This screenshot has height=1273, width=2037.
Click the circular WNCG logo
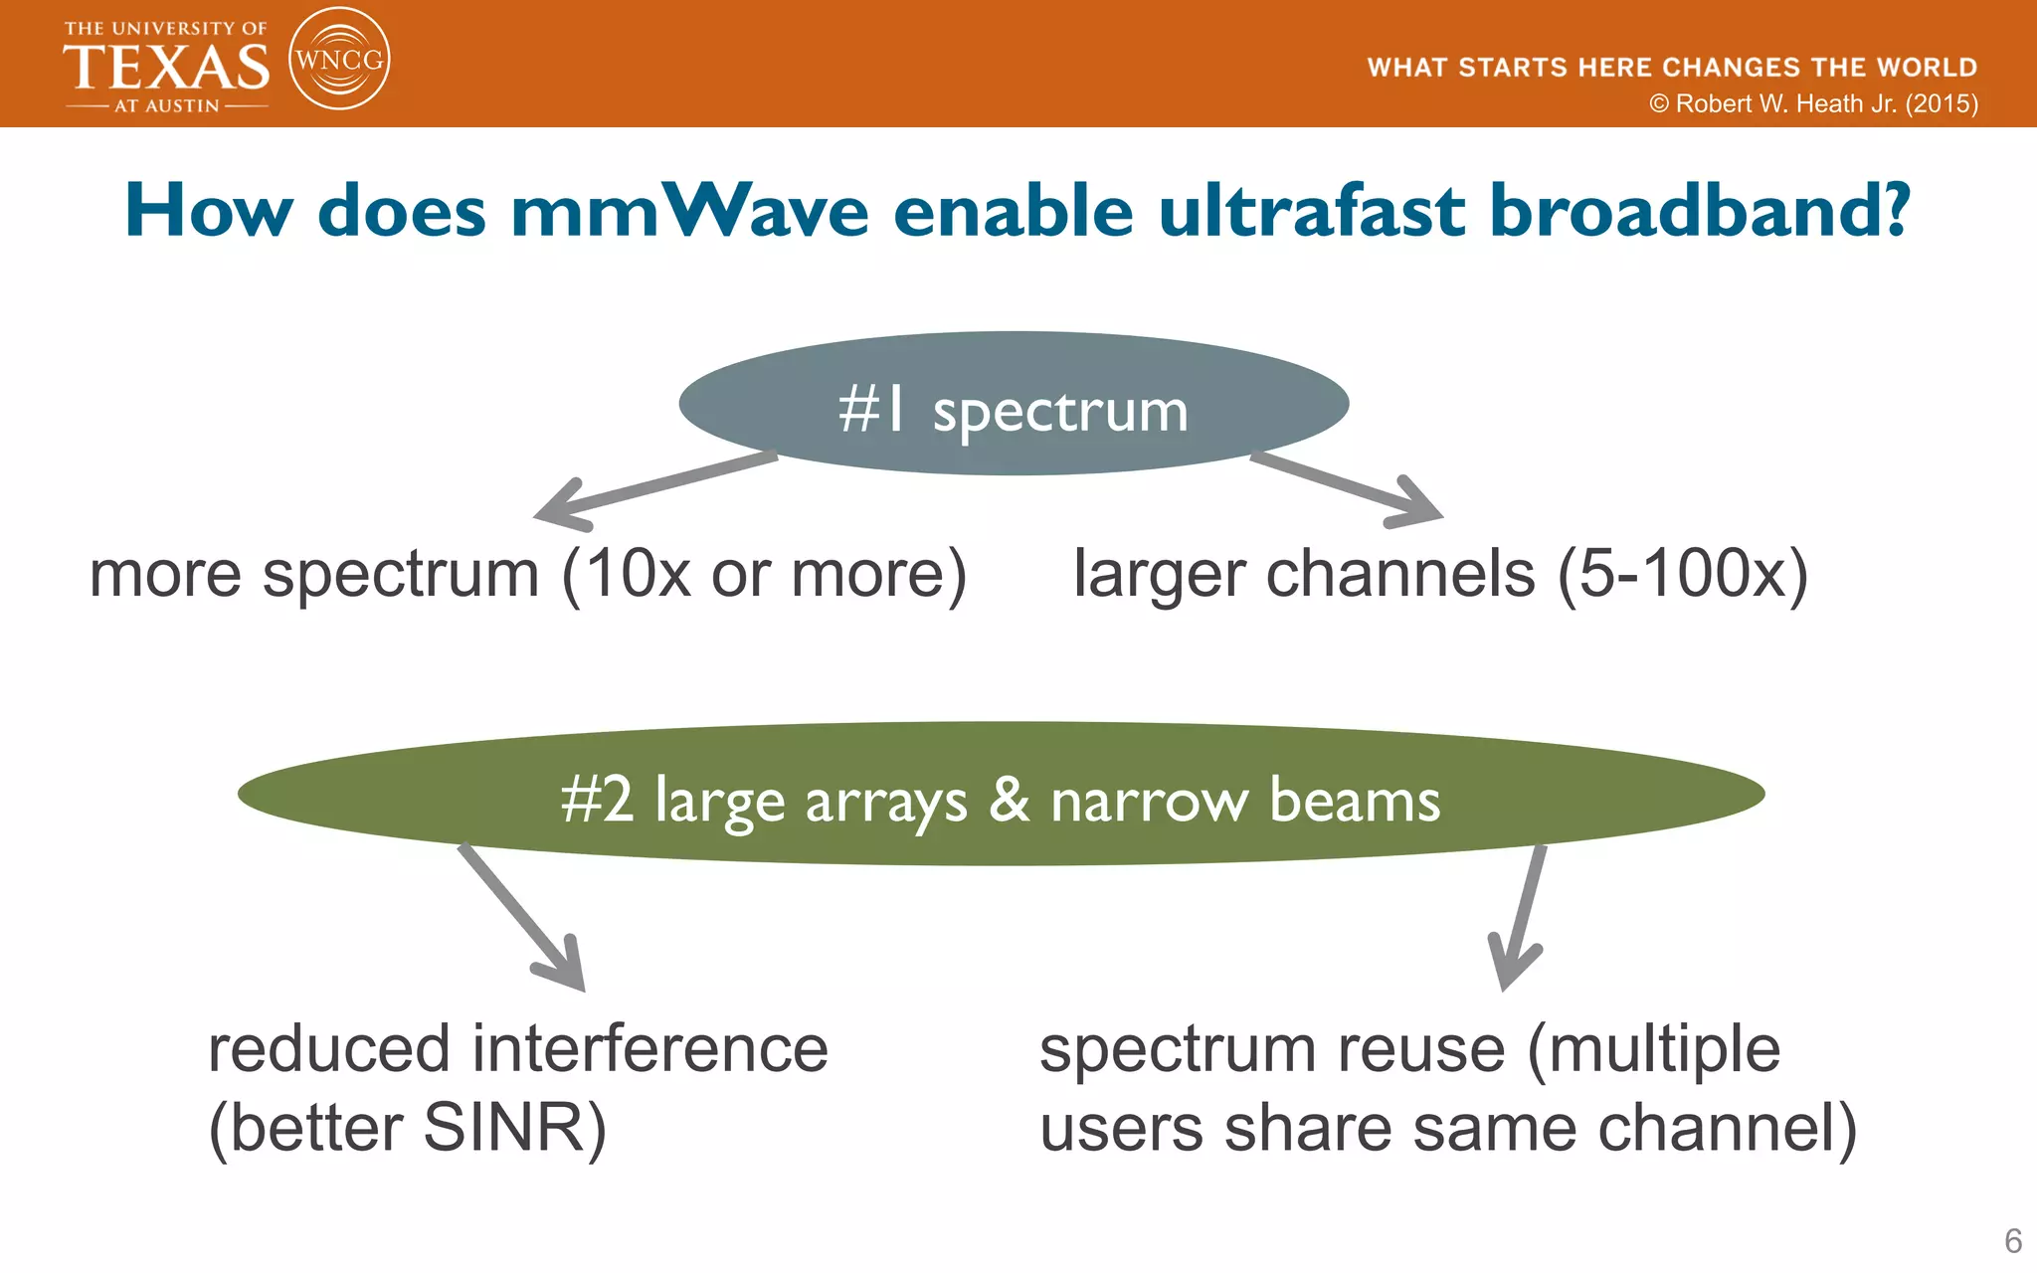pos(338,60)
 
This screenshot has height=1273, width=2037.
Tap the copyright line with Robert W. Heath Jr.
pos(1813,103)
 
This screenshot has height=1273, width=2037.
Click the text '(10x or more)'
pos(764,575)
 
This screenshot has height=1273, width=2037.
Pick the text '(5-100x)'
pos(1682,575)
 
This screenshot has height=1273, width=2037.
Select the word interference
pos(649,1049)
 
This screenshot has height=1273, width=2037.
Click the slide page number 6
pos(2012,1240)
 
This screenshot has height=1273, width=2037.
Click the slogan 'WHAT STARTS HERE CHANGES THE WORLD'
pos(1671,68)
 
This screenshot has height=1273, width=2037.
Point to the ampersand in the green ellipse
pos(1009,800)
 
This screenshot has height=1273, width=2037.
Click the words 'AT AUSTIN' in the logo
pos(166,105)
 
